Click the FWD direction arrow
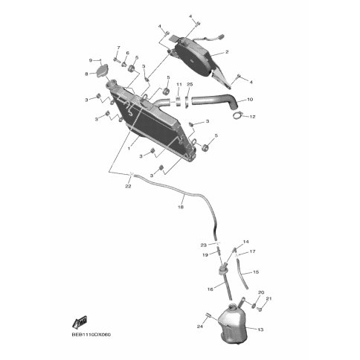pos(80,322)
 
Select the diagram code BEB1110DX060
pos(91,335)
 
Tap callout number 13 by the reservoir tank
pos(260,330)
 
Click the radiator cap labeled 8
pos(103,71)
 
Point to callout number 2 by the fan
pos(227,52)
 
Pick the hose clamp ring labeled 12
pos(237,115)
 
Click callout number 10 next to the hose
pos(250,100)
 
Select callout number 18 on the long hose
pos(181,207)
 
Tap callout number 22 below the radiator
pos(128,186)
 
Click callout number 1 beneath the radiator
pos(129,149)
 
